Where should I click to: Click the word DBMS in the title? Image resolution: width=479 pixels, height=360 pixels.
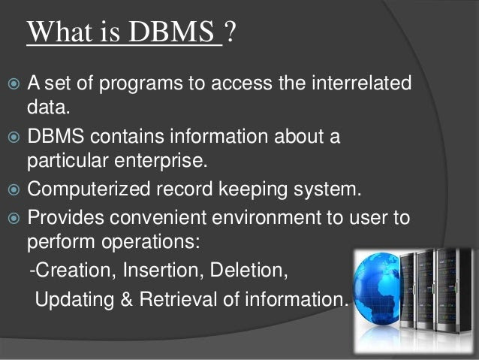[x=171, y=32]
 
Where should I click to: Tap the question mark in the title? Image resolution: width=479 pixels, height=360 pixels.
[x=230, y=32]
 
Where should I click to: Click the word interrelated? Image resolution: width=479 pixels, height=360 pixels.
[x=361, y=83]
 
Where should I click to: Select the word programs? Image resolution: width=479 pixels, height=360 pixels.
[x=140, y=85]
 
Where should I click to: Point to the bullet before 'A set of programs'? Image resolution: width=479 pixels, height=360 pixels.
[x=14, y=83]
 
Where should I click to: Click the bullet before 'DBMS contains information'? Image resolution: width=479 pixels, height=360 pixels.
[x=14, y=137]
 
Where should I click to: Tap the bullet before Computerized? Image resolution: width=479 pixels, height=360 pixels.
[x=14, y=190]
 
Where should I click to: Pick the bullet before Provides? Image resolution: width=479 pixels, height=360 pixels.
[x=14, y=219]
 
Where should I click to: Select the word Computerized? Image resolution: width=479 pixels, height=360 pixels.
[x=89, y=189]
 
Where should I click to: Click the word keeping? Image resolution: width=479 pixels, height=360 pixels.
[x=253, y=189]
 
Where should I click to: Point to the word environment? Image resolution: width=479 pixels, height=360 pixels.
[x=266, y=218]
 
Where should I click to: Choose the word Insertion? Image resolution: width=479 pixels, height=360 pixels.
[x=161, y=271]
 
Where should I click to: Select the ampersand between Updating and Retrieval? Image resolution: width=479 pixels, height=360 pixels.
[x=126, y=299]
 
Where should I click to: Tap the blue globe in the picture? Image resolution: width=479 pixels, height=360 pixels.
[x=378, y=289]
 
